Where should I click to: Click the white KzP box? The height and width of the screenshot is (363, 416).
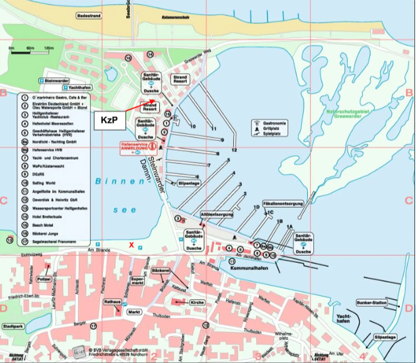tap(110, 120)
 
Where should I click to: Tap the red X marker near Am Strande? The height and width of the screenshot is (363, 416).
tap(131, 245)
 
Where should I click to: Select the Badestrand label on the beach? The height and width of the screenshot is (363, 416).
tap(89, 16)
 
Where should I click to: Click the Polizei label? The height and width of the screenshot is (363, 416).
tap(44, 279)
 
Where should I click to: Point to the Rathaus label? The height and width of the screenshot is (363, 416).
tap(112, 302)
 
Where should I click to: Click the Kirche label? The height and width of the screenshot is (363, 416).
tap(197, 302)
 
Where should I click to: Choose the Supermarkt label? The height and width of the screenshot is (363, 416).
tap(137, 281)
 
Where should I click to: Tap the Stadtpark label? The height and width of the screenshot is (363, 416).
tap(13, 326)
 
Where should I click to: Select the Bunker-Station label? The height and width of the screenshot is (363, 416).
tap(372, 303)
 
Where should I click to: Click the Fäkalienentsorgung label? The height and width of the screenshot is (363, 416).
tap(283, 204)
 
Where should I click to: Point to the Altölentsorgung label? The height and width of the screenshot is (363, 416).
tap(217, 214)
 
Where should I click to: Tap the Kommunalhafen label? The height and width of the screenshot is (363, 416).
tap(249, 268)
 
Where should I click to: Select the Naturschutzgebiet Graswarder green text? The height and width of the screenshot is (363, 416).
tap(347, 114)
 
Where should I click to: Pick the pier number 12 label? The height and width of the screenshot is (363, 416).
tap(234, 150)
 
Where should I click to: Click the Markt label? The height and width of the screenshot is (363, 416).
tap(134, 312)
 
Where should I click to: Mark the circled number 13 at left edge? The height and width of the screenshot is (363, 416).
tap(10, 240)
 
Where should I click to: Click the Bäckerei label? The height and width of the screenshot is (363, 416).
tap(161, 271)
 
